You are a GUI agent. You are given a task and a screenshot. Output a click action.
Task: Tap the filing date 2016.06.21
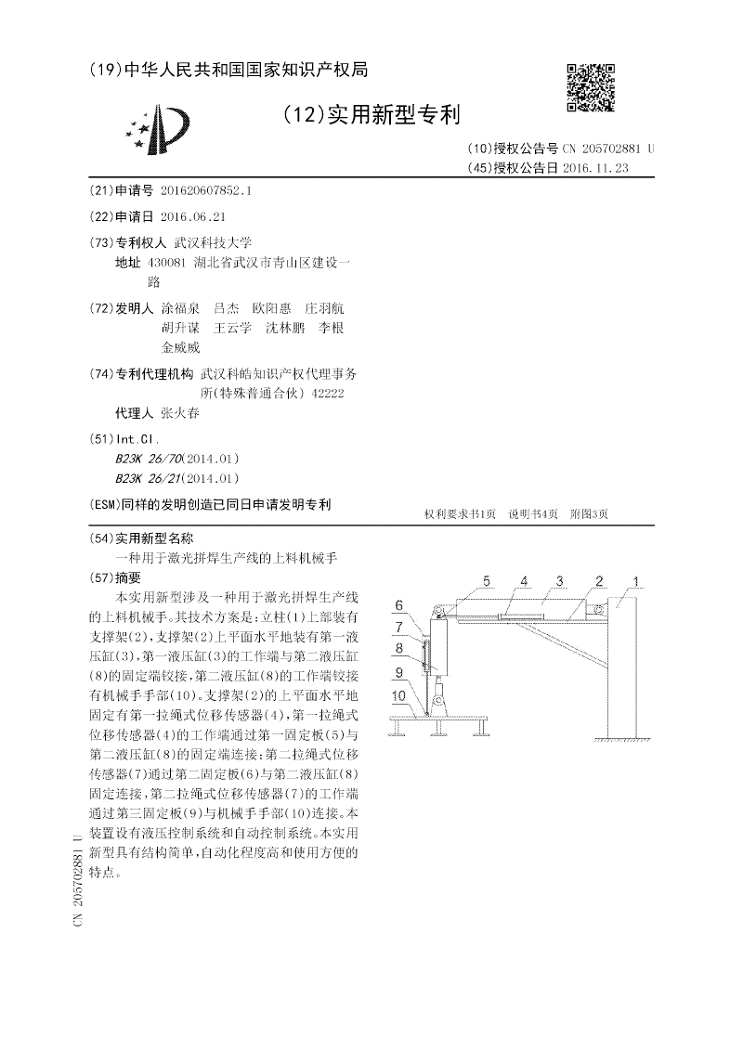193,216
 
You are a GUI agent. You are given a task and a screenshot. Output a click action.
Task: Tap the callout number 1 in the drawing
636,582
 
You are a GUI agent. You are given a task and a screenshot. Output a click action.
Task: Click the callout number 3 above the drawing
561,581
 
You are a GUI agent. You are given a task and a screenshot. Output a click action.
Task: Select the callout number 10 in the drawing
398,694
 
